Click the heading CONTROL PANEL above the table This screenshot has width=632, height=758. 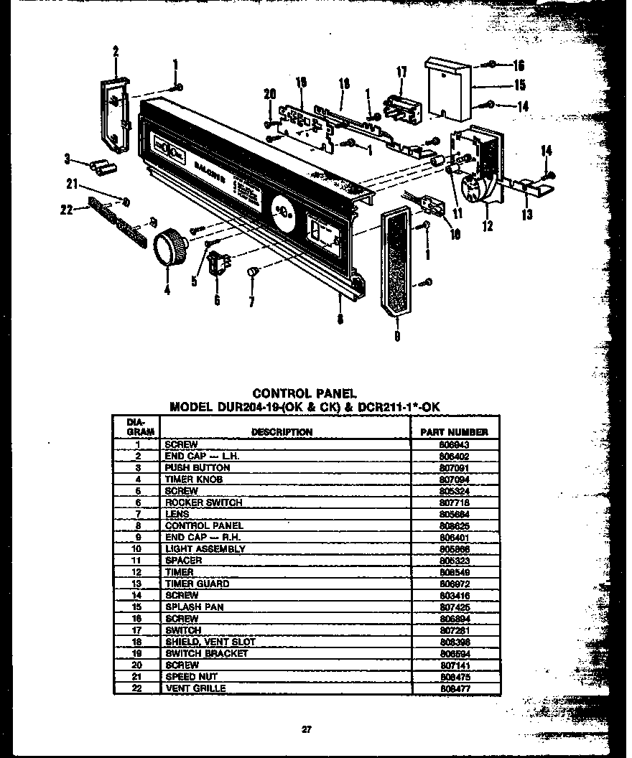tap(295, 393)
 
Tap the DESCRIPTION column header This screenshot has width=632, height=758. tap(282, 432)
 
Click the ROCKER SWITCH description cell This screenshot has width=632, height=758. tap(204, 502)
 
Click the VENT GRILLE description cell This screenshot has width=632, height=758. tap(195, 688)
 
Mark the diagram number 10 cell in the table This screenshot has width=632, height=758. tap(136, 548)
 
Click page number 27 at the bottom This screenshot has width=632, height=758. tap(306, 730)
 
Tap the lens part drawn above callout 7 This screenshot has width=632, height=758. tap(252, 271)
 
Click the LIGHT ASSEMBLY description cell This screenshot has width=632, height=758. tap(205, 548)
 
